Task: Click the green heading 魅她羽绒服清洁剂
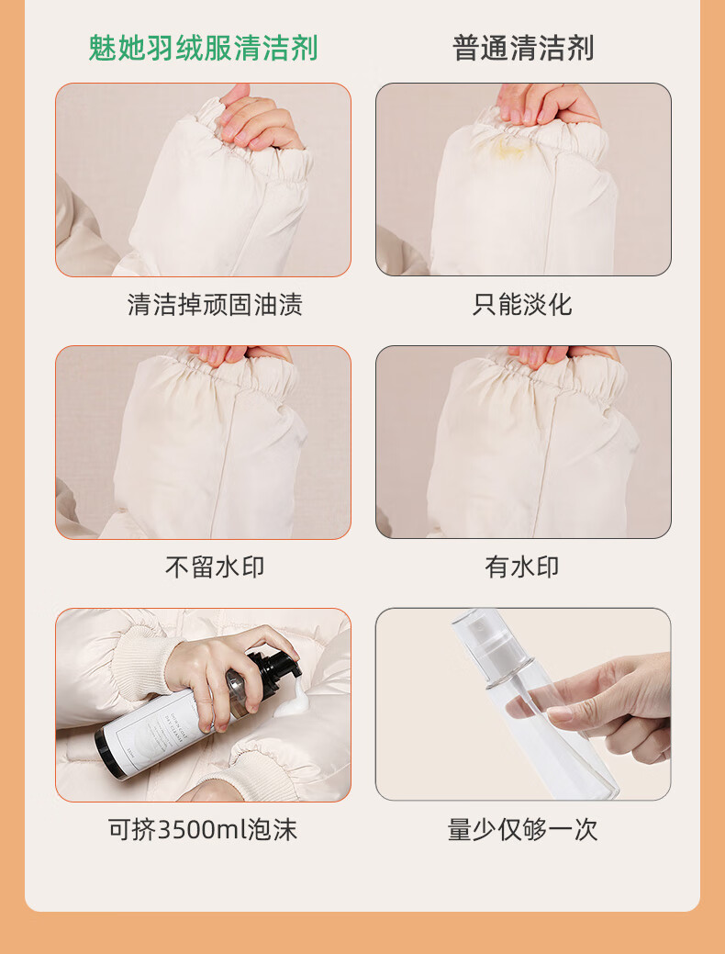203,48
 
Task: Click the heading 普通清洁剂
523,48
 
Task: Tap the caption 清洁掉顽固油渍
216,304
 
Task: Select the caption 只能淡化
522,304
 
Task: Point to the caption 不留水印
216,567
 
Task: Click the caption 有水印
522,567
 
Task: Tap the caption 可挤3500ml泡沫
203,829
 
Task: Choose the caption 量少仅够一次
522,829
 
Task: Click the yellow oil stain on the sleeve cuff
509,145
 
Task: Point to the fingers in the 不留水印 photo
240,354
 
